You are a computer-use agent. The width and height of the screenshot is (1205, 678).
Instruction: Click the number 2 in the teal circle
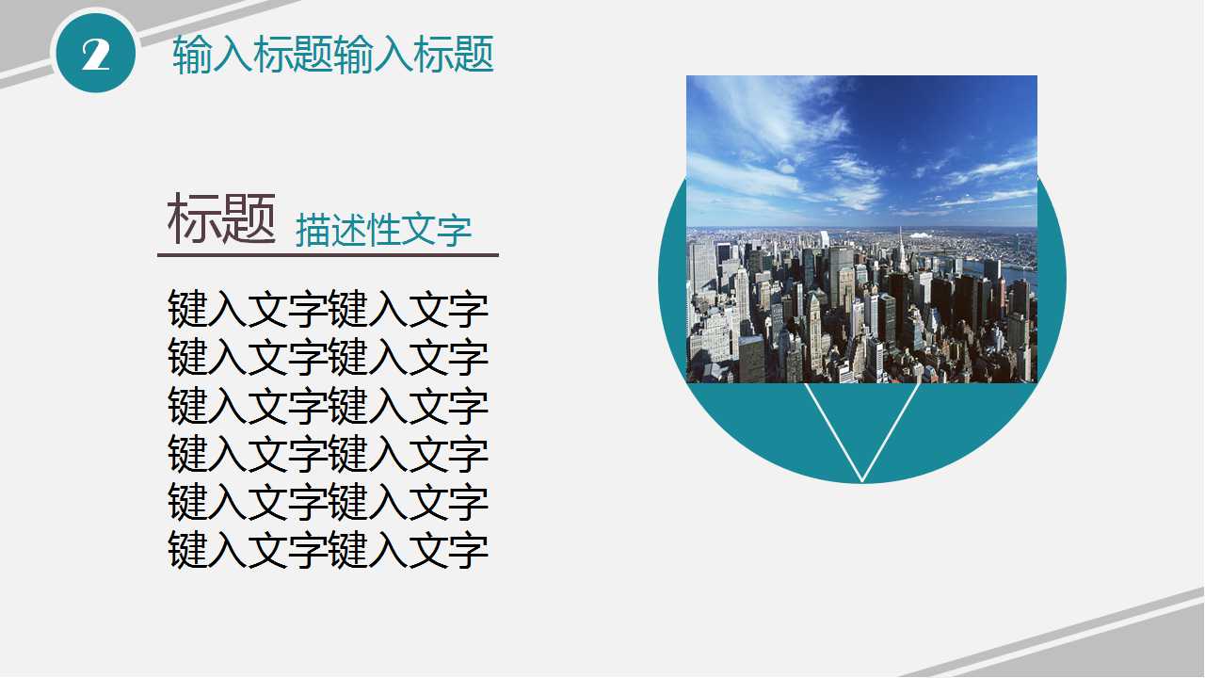click(x=96, y=56)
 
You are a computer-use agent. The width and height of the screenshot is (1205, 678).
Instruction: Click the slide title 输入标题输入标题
click(x=333, y=56)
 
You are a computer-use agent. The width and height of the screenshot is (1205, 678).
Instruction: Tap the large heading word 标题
click(x=221, y=219)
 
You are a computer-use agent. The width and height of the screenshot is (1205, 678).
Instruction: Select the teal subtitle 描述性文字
click(x=383, y=231)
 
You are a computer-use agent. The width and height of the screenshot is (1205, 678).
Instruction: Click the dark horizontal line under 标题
click(x=328, y=254)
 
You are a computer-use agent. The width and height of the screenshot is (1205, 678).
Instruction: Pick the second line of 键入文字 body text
click(x=328, y=358)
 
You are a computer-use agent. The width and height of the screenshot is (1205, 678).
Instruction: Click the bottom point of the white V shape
click(x=862, y=480)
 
